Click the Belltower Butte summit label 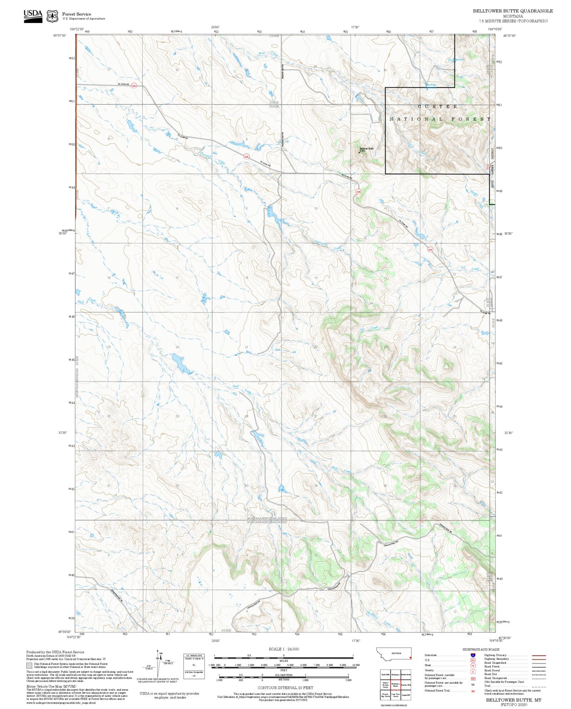367,149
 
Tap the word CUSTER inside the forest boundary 437,107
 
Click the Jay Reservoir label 456,59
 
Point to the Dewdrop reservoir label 431,85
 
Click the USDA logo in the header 33,16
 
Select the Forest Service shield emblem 52,16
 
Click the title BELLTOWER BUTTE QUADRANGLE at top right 513,11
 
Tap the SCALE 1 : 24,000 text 284,649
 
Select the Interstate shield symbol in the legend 473,655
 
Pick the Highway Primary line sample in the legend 538,655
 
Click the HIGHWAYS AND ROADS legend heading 481,649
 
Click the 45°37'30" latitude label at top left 60,35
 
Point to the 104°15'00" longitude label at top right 495,29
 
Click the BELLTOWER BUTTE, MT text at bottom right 514,700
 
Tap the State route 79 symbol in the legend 473,666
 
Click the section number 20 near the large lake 177,347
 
